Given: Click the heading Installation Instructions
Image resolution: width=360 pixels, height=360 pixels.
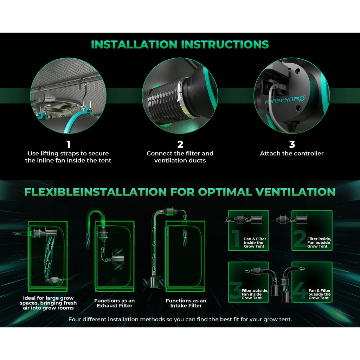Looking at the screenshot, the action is click(x=180, y=45).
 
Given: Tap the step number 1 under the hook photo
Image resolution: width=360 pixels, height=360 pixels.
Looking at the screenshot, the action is click(x=68, y=144).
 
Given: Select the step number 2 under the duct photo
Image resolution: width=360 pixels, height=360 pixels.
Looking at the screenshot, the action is click(x=180, y=144).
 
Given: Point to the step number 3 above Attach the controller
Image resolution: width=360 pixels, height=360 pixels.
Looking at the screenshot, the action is click(x=292, y=144).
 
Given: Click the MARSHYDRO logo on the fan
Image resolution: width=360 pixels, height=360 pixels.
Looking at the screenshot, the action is click(x=285, y=100).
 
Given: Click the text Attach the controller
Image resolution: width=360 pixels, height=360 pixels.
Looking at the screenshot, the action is click(x=291, y=153).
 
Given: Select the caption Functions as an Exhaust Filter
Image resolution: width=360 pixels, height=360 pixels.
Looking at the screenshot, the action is click(x=114, y=303).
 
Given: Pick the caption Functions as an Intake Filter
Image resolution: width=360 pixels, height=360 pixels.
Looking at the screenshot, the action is click(x=186, y=303).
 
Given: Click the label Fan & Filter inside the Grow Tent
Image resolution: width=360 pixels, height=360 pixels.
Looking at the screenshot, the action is click(x=255, y=243).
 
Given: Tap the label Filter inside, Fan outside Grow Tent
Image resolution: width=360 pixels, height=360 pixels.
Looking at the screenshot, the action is click(x=319, y=243).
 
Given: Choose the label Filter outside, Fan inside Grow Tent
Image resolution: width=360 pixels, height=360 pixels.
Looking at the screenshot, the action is click(x=255, y=294).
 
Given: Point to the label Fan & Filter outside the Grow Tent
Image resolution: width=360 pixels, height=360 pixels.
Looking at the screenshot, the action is click(x=319, y=294).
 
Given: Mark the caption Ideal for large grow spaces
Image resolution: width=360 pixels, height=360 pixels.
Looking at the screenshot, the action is click(x=48, y=303).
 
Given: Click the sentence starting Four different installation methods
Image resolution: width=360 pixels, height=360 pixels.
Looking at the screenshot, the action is click(x=180, y=319).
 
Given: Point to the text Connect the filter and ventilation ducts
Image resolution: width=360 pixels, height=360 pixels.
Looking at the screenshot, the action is click(x=180, y=157).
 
